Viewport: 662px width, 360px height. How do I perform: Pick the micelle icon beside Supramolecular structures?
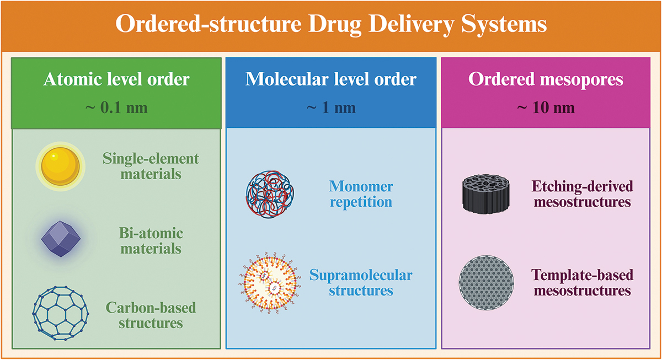[267, 282]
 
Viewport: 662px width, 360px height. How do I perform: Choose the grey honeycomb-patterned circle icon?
[486, 282]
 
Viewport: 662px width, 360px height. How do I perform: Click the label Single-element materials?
[150, 166]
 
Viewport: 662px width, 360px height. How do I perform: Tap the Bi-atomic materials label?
[151, 240]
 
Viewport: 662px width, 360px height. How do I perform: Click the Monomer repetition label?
[361, 194]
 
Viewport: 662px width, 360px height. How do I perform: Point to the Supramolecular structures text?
[361, 282]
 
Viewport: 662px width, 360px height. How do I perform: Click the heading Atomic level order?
[116, 79]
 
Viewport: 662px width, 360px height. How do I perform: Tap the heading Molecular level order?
[331, 79]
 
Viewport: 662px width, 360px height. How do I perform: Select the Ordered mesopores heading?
[546, 79]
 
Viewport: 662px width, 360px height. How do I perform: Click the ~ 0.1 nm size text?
[116, 106]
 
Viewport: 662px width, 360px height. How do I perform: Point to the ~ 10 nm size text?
[546, 106]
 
